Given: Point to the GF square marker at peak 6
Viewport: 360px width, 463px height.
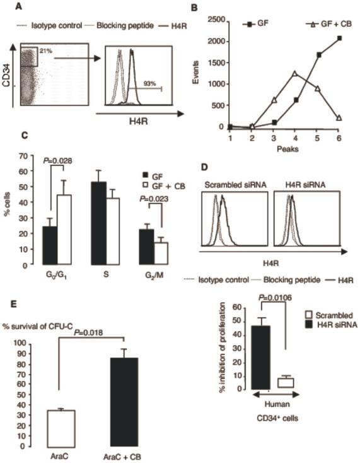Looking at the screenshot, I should pyautogui.click(x=340, y=38).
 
